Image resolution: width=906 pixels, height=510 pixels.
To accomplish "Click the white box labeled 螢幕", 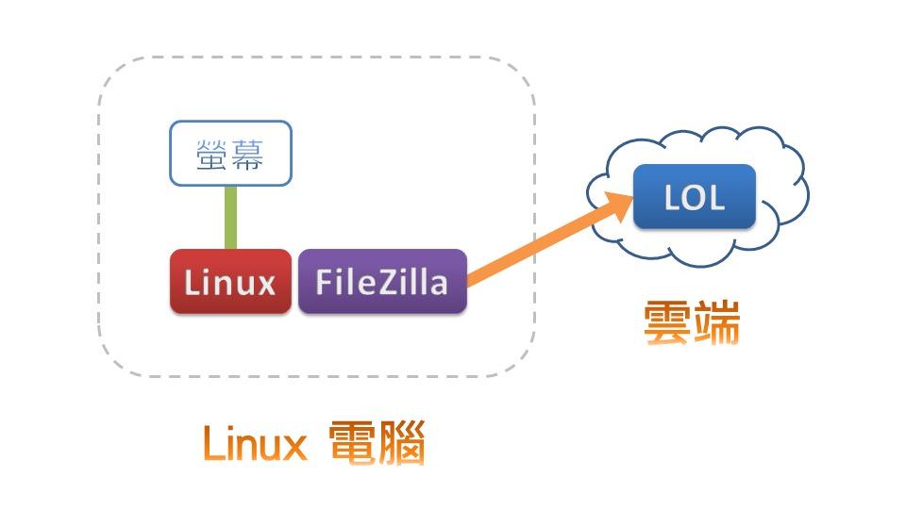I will [x=230, y=153].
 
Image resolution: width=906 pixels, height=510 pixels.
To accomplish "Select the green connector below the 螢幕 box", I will [x=230, y=217].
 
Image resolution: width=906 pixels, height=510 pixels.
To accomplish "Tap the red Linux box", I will [x=230, y=281].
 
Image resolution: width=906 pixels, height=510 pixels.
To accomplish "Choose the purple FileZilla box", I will [x=382, y=281].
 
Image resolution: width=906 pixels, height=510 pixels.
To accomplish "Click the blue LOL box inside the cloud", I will [x=695, y=196].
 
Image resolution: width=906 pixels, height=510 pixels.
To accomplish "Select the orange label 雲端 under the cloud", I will [x=691, y=323].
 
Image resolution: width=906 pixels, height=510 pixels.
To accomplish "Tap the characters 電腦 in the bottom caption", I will [x=377, y=444].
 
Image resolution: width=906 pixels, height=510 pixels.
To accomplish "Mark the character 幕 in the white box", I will [x=248, y=154].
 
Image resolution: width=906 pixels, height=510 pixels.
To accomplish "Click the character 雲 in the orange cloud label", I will [x=667, y=323].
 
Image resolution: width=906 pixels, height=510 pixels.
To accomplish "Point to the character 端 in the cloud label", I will [x=715, y=323].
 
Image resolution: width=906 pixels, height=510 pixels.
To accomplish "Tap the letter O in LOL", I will [x=695, y=197].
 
